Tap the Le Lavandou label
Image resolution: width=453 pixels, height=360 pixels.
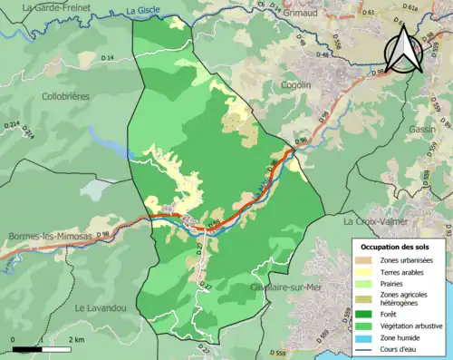(x=100, y=308)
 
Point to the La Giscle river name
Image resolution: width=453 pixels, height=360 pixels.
(x=142, y=11)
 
